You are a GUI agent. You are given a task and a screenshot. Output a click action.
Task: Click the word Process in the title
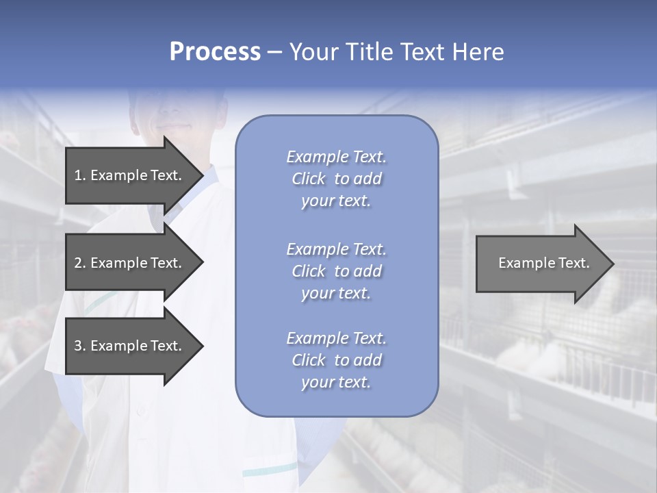click(x=215, y=52)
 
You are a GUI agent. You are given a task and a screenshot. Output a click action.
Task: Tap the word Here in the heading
click(x=477, y=52)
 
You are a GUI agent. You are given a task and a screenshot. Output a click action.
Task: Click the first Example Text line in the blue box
click(x=336, y=157)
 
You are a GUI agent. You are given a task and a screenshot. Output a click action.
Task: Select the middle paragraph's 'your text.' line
click(x=336, y=293)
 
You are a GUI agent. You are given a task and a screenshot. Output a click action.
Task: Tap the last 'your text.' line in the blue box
click(x=336, y=382)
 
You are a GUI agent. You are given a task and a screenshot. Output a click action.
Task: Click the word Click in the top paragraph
click(x=309, y=179)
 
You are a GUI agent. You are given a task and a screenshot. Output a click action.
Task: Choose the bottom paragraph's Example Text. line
click(x=336, y=338)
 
